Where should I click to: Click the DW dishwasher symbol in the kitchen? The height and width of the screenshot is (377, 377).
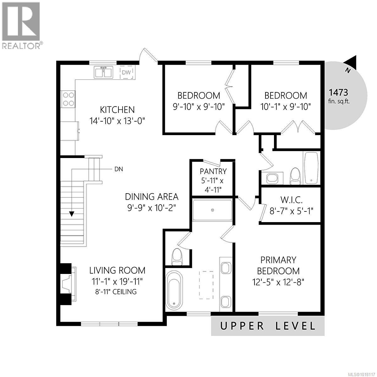(x=127, y=73)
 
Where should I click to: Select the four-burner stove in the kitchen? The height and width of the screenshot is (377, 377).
(x=68, y=98)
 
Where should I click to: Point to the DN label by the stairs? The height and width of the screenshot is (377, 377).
(x=118, y=169)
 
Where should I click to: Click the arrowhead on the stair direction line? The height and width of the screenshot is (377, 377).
(x=72, y=214)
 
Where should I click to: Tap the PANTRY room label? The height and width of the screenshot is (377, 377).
(x=213, y=171)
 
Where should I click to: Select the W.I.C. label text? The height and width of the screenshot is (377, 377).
(x=291, y=200)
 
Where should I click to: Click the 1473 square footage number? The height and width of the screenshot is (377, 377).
(x=338, y=92)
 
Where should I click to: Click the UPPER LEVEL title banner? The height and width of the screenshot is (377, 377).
(x=268, y=326)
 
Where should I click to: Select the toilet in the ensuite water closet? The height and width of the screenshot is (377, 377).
(x=177, y=256)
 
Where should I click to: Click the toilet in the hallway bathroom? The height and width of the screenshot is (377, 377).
(x=295, y=176)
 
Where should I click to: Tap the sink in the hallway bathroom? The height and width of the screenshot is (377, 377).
(x=271, y=178)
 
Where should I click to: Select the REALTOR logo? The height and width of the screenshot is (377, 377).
(x=21, y=25)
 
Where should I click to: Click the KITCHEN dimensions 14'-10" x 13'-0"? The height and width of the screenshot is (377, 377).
(x=117, y=121)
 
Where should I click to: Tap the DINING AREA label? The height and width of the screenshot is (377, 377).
(x=152, y=197)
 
